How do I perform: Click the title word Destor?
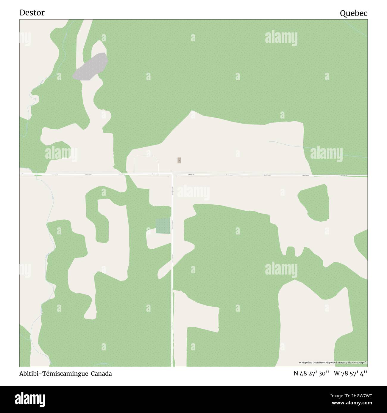32,12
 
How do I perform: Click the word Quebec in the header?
354,13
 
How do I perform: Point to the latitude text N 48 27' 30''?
311,374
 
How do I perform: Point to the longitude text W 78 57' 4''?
351,374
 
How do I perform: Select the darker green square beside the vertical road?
163,226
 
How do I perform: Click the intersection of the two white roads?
172,175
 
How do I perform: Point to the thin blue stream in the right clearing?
298,145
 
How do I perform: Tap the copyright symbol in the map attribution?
300,362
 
